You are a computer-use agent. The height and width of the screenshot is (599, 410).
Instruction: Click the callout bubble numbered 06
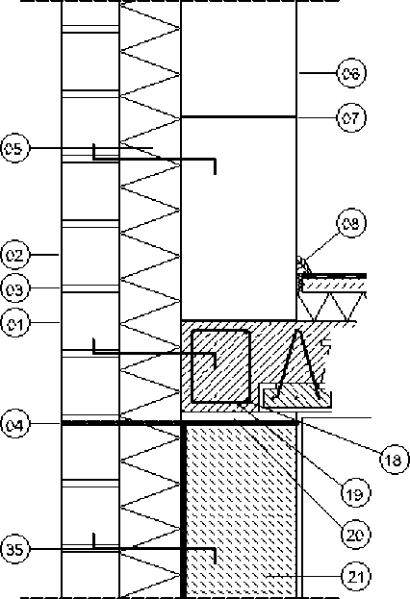351,73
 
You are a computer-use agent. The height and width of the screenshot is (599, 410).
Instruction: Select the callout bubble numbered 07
351,118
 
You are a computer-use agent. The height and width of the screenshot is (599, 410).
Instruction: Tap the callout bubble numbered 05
14,148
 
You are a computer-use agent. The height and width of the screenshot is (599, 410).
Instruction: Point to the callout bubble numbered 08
351,223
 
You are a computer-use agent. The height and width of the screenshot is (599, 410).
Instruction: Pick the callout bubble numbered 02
14,255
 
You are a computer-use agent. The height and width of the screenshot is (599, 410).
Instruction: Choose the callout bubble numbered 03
14,288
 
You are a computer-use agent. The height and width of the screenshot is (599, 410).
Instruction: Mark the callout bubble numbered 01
14,324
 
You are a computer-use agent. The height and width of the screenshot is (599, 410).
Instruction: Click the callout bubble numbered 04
14,424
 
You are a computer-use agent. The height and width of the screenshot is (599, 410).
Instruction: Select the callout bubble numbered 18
394,460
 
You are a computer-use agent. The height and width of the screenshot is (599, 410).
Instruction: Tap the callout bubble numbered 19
355,493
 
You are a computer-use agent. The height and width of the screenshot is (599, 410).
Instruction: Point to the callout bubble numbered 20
355,535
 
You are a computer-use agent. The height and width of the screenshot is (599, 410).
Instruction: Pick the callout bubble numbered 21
355,576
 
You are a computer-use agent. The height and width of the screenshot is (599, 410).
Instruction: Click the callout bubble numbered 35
14,549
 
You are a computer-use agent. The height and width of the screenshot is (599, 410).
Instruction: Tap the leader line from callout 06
318,73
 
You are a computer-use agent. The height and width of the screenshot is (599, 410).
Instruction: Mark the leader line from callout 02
44,255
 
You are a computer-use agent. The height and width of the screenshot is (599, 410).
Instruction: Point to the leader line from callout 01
44,323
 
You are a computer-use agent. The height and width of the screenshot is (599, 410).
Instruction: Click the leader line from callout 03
44,288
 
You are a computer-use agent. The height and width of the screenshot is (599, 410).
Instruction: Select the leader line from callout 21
304,575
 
